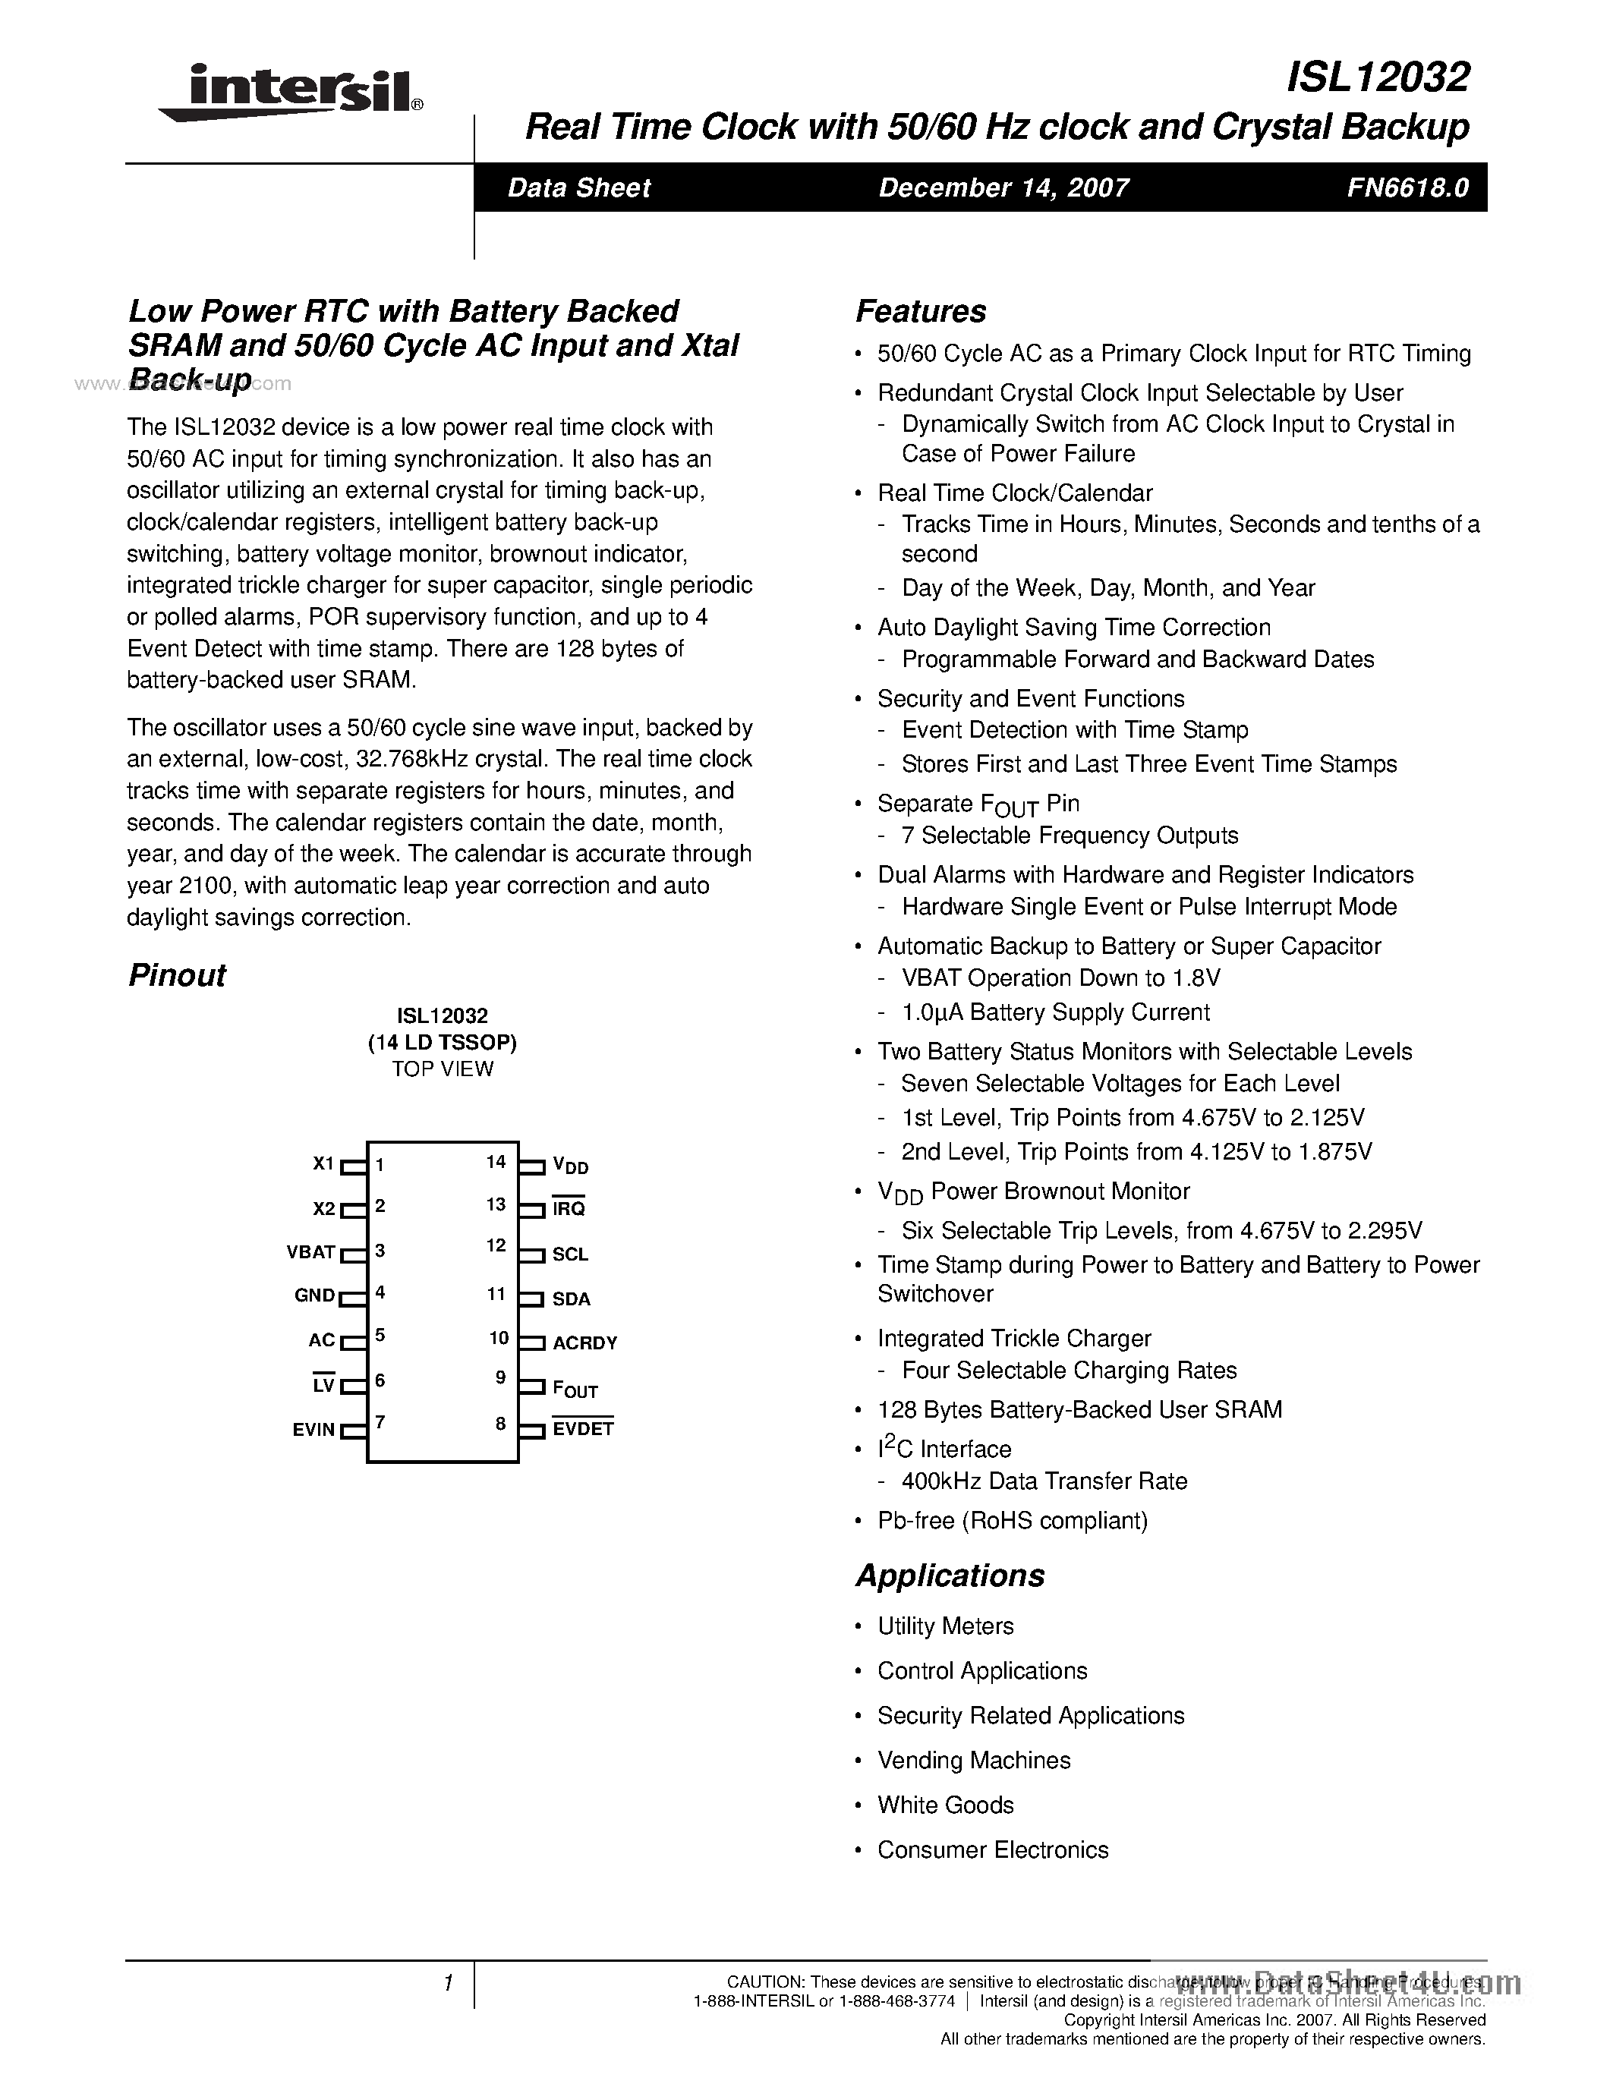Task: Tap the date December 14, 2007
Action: click(x=1003, y=188)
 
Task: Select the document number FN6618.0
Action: click(x=1407, y=188)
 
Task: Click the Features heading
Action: click(x=920, y=311)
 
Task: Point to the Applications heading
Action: click(x=950, y=1575)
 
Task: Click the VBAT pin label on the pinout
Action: click(x=310, y=1251)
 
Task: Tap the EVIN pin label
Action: click(x=313, y=1431)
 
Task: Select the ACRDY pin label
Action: click(x=584, y=1343)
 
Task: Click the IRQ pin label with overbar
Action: click(x=569, y=1209)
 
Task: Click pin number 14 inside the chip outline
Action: click(x=495, y=1162)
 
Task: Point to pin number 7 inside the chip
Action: click(x=380, y=1423)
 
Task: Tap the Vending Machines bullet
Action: click(x=973, y=1760)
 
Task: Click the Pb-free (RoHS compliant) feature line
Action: click(x=1012, y=1520)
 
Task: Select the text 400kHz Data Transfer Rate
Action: click(x=1044, y=1481)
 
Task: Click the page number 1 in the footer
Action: click(x=447, y=1984)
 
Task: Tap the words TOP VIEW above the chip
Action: click(x=443, y=1069)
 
